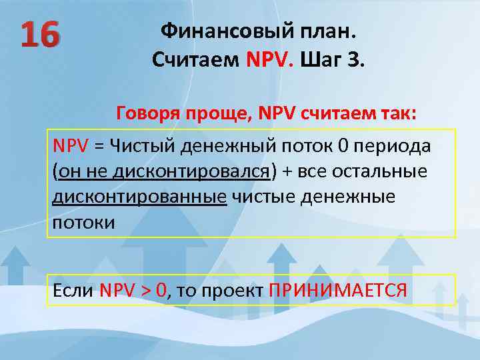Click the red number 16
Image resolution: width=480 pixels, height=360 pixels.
[x=39, y=35]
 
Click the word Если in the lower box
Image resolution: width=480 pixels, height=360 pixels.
[x=73, y=291]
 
